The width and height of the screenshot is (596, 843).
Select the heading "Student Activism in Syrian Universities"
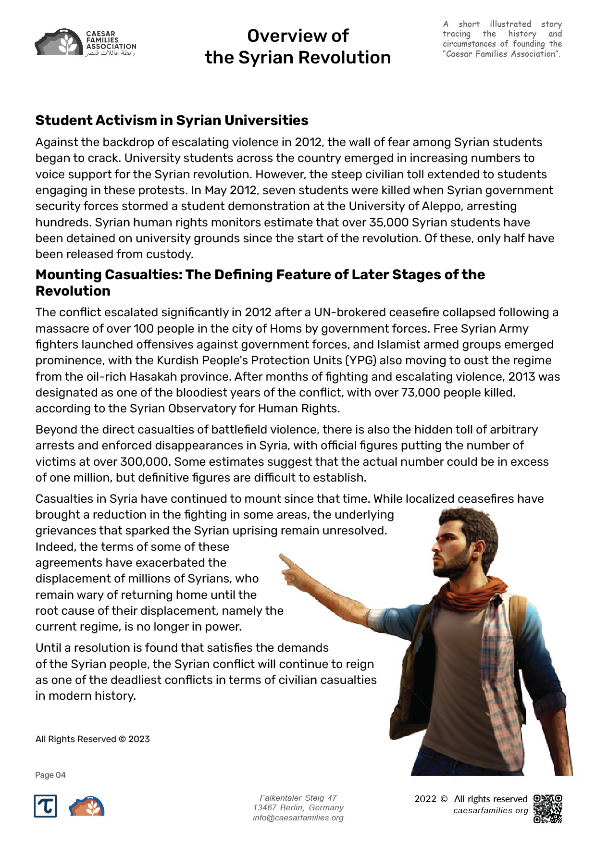172,120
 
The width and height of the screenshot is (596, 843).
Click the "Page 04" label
50,775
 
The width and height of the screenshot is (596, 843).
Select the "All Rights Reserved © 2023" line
93,739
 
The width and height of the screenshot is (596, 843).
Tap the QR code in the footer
547,808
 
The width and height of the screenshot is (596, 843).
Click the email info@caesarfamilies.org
298,818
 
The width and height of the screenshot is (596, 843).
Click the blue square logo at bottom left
46,806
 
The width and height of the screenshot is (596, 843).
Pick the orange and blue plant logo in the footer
87,806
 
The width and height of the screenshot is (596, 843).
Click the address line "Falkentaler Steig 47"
298,798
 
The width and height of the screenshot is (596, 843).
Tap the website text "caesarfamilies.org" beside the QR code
490,810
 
